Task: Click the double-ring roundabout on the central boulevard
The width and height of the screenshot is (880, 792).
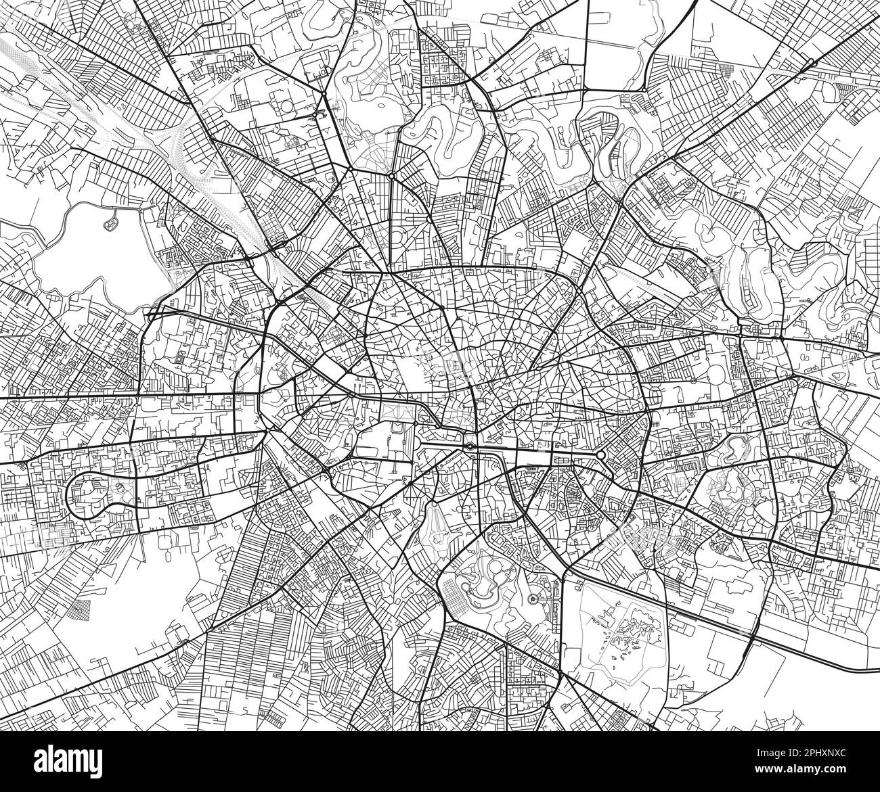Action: pos(469,447)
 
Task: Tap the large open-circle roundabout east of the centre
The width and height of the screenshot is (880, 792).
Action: pos(600,455)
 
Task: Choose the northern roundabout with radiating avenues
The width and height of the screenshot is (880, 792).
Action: pos(391,176)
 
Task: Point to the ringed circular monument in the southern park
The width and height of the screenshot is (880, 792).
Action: pos(533,599)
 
